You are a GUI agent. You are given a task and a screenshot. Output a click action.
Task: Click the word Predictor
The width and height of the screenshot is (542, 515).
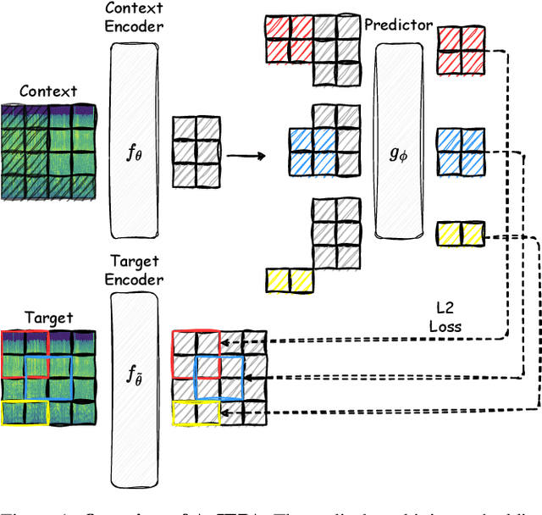click(399, 25)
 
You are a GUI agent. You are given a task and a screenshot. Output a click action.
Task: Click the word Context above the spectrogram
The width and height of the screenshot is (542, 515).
click(48, 91)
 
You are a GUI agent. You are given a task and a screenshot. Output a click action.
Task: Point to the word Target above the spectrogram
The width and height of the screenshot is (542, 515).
click(47, 318)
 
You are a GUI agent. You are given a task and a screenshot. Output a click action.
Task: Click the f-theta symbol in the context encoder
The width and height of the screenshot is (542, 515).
click(133, 154)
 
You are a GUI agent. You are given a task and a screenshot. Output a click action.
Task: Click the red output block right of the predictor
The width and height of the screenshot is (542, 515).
click(461, 52)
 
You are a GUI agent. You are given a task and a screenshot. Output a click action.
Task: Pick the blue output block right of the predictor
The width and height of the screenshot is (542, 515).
click(461, 152)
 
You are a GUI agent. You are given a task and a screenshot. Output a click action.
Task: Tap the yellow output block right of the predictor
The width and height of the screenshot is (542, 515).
click(461, 232)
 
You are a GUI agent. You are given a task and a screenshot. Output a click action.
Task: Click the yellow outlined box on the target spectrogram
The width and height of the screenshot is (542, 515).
click(25, 413)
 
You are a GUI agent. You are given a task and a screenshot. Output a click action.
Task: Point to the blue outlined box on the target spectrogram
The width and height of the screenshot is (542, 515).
click(49, 377)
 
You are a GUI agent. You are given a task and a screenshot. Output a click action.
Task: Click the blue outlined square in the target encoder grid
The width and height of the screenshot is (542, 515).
click(219, 377)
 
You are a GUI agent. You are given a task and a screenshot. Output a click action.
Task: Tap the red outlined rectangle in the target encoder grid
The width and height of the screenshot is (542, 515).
click(196, 342)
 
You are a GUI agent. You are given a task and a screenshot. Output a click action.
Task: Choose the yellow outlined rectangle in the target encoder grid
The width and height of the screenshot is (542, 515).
click(196, 413)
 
